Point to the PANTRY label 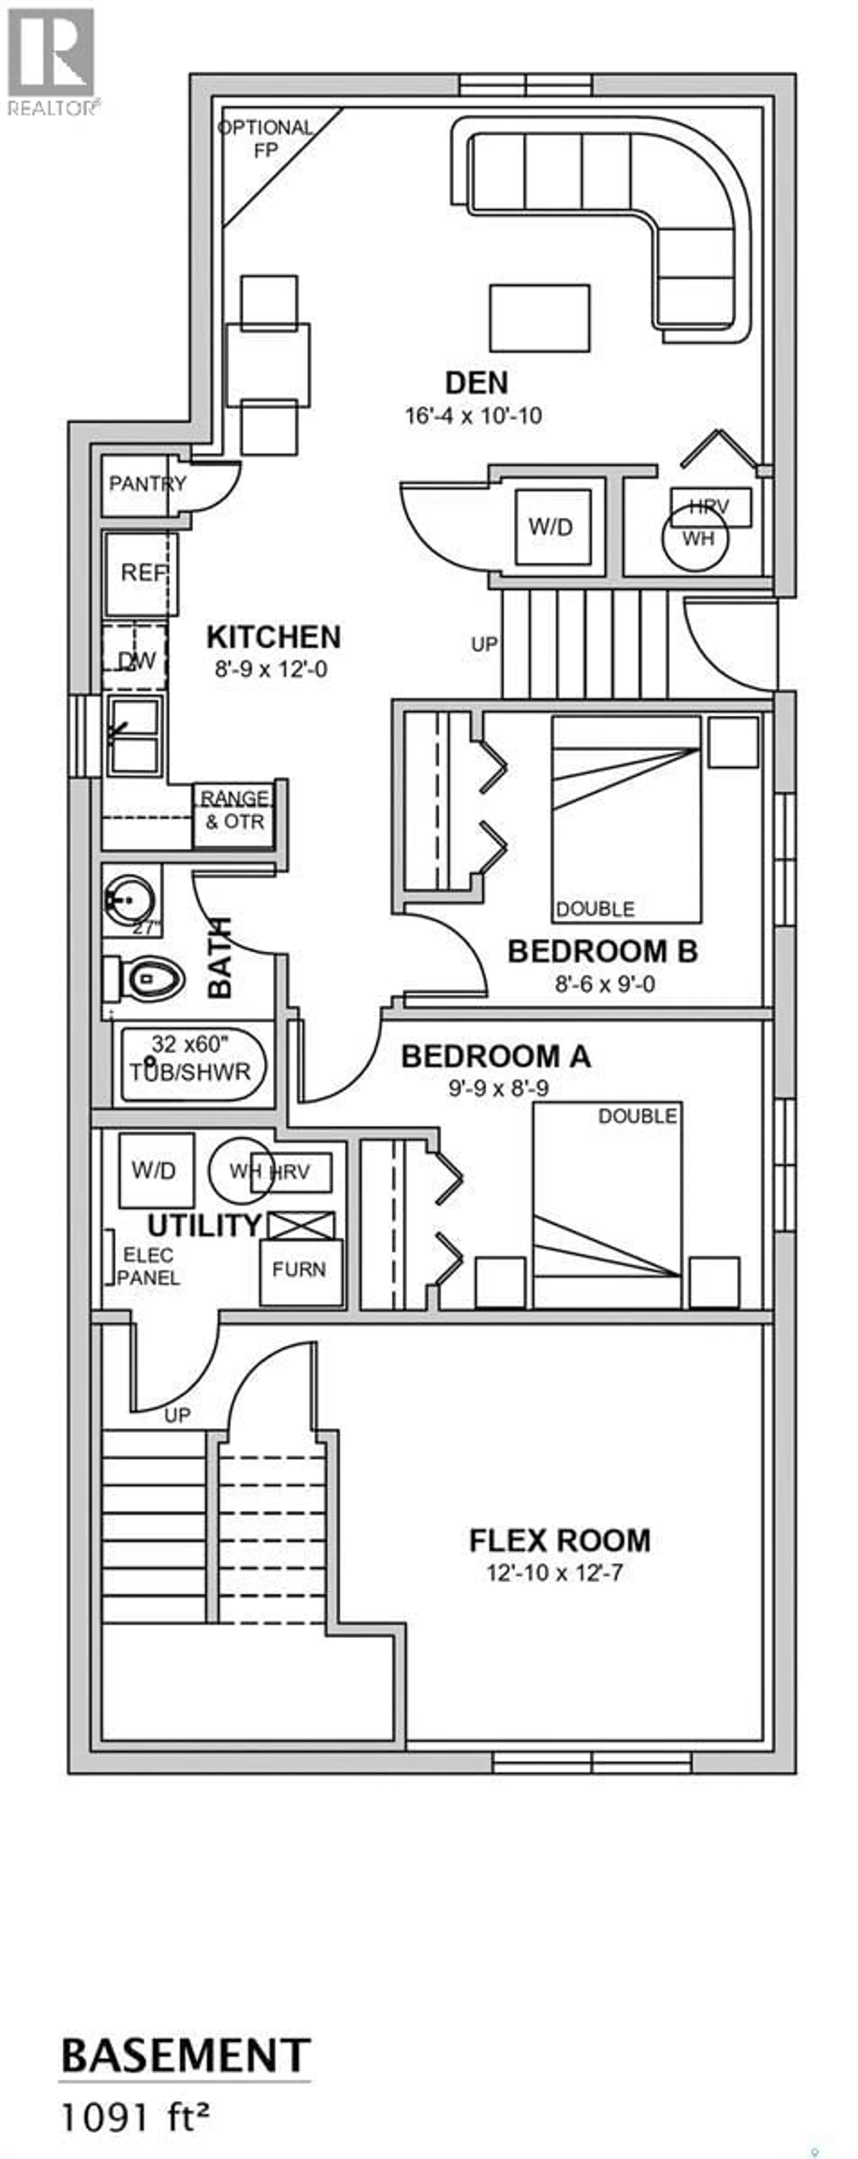[x=147, y=485]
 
